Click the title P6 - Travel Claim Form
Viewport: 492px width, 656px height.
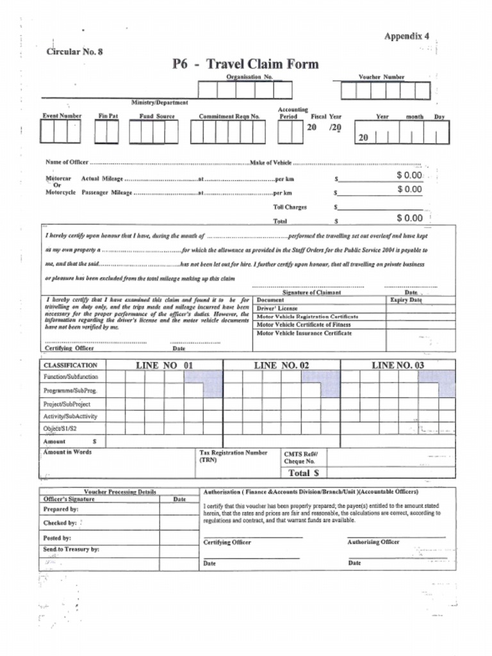pos(245,64)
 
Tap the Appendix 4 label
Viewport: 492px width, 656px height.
pos(406,37)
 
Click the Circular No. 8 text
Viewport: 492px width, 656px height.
pos(74,52)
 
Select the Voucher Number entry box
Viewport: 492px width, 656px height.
pos(384,91)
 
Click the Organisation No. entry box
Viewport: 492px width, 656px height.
pos(245,90)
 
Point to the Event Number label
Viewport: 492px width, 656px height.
pos(61,116)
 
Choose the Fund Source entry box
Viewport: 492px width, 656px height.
pos(153,132)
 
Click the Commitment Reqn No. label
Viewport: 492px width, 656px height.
pos(229,117)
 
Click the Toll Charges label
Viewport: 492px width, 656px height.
pos(290,207)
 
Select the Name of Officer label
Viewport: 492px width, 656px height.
pos(67,163)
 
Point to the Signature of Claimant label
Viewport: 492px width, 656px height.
pos(311,292)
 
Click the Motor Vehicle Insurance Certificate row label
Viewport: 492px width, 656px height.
pos(304,333)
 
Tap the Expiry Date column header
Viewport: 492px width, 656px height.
pos(406,300)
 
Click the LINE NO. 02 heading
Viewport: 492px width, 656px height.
pos(281,365)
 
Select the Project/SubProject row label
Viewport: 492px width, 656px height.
pos(67,404)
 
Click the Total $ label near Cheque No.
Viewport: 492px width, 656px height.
pos(304,473)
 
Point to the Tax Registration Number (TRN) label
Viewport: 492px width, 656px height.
pos(233,455)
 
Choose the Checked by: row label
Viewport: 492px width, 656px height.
pos(60,523)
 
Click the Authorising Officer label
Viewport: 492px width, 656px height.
pos(373,542)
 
